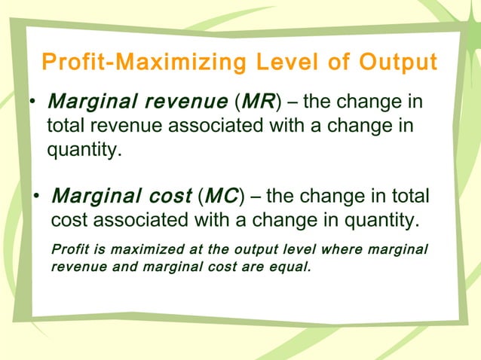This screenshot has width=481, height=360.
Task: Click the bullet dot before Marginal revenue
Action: point(34,102)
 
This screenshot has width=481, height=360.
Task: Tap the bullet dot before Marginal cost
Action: point(36,199)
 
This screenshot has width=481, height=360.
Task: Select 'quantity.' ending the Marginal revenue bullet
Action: point(84,149)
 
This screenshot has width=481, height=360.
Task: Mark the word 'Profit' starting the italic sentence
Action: point(69,249)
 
